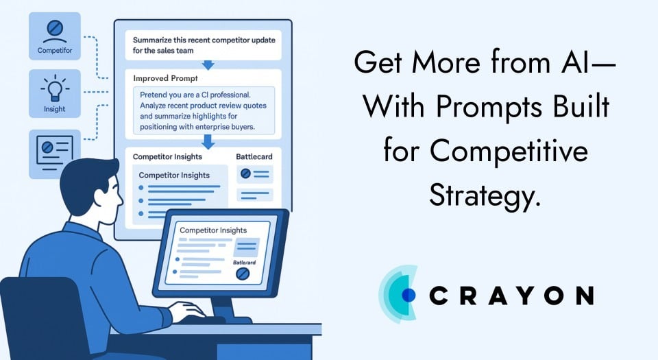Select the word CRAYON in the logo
[x=511, y=296]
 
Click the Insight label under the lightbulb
[x=54, y=109]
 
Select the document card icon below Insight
[x=54, y=152]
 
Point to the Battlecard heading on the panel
[x=254, y=157]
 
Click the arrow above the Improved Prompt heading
[x=208, y=64]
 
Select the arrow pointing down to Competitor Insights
[x=208, y=142]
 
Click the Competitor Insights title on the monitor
[x=213, y=230]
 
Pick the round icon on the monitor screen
[x=241, y=274]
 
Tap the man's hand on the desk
[x=185, y=312]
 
